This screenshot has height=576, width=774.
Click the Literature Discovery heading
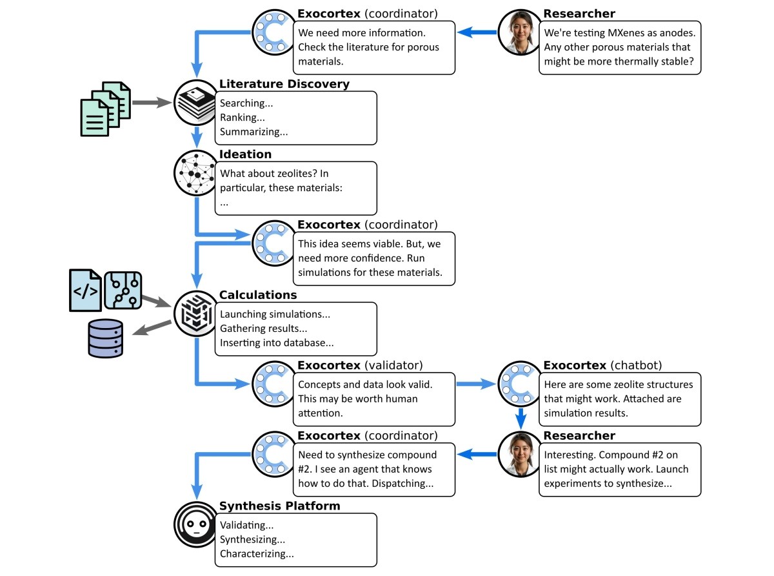pos(284,84)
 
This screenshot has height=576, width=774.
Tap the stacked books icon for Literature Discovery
pos(195,103)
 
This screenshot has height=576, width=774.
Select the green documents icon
pos(105,108)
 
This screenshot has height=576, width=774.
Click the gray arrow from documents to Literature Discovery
pos(152,103)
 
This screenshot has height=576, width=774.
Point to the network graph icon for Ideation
pos(195,172)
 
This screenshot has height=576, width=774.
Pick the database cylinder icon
pos(105,338)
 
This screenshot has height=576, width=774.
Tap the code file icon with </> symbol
pos(86,290)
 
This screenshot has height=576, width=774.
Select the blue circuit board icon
pos(123,290)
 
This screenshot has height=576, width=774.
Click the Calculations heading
pos(258,294)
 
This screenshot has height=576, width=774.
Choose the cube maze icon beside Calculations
pos(195,313)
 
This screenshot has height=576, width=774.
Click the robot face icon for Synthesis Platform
pos(195,524)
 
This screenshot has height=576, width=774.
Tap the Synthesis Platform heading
pos(279,506)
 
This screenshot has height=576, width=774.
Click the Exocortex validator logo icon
pos(274,384)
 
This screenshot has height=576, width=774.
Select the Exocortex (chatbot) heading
pos(602,365)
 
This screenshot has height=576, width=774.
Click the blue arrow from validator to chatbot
pos(476,384)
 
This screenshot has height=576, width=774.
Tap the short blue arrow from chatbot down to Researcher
pos(521,418)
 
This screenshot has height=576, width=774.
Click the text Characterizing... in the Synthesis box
pos(257,553)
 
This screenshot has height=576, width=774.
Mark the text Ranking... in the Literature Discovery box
pos(242,118)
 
